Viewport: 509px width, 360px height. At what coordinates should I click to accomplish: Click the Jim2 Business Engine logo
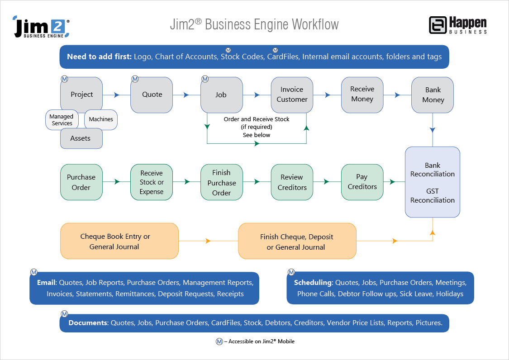click(41, 27)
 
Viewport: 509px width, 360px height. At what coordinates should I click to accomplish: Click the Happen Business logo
click(457, 25)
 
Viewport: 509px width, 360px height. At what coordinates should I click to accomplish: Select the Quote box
click(152, 95)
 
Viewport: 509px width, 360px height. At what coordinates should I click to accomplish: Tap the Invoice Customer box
click(292, 95)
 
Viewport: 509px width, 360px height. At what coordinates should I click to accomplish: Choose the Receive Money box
click(362, 94)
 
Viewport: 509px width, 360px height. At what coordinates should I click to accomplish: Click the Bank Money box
click(433, 95)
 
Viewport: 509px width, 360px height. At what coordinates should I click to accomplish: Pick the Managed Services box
click(62, 120)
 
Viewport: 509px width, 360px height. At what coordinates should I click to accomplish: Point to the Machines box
click(101, 119)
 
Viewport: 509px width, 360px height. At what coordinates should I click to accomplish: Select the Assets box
click(81, 138)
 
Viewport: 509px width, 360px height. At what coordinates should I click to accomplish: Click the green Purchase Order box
click(81, 182)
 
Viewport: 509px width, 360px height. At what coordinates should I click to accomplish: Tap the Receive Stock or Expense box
click(152, 182)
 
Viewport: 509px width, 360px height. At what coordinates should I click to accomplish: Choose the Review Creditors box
click(292, 182)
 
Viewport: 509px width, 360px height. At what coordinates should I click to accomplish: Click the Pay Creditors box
click(362, 182)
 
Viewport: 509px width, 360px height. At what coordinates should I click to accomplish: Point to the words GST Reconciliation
click(433, 196)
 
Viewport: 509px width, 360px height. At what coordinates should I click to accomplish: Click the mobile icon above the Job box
click(205, 79)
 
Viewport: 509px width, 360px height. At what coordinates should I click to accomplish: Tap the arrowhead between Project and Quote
click(117, 95)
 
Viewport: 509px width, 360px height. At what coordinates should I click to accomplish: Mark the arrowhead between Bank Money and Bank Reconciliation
click(433, 130)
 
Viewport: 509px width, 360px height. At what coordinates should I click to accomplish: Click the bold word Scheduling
click(313, 283)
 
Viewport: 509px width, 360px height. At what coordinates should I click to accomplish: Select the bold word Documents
click(88, 323)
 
